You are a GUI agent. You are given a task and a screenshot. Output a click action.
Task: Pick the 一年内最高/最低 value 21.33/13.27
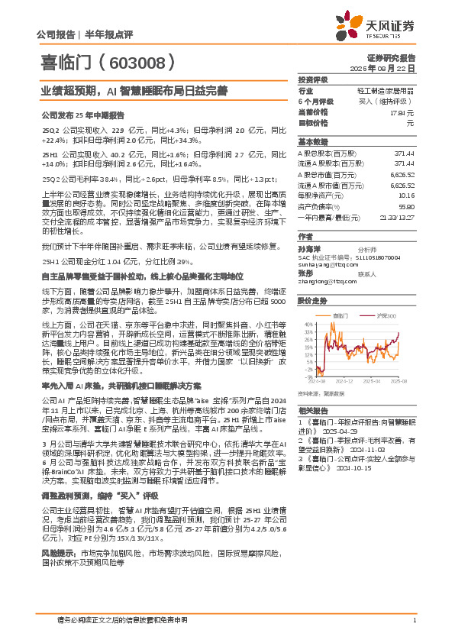coord(396,216)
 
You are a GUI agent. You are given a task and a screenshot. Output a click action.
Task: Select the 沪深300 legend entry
coord(387,315)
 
